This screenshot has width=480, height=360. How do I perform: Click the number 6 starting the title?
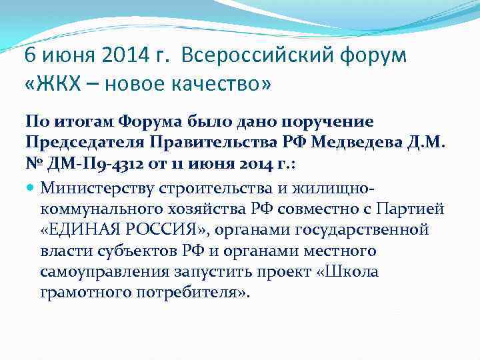coord(30,57)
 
